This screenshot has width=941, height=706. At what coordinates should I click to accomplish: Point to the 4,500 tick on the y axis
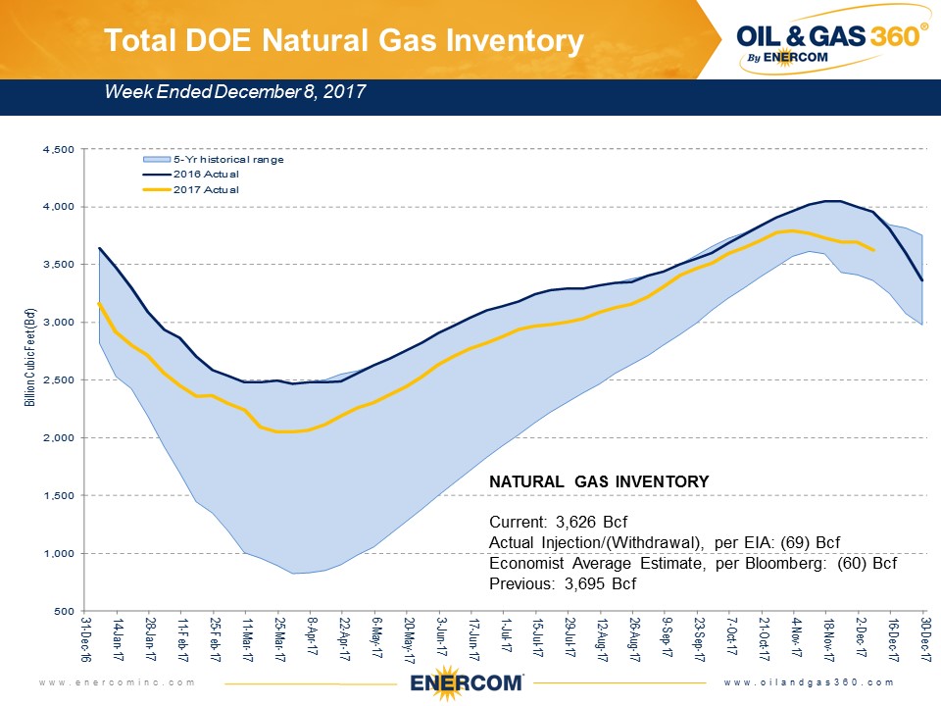click(x=61, y=149)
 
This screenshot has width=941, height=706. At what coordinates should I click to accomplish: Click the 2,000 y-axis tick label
click(x=61, y=438)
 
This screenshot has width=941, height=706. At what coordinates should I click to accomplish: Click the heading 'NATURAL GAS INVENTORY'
click(x=598, y=481)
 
